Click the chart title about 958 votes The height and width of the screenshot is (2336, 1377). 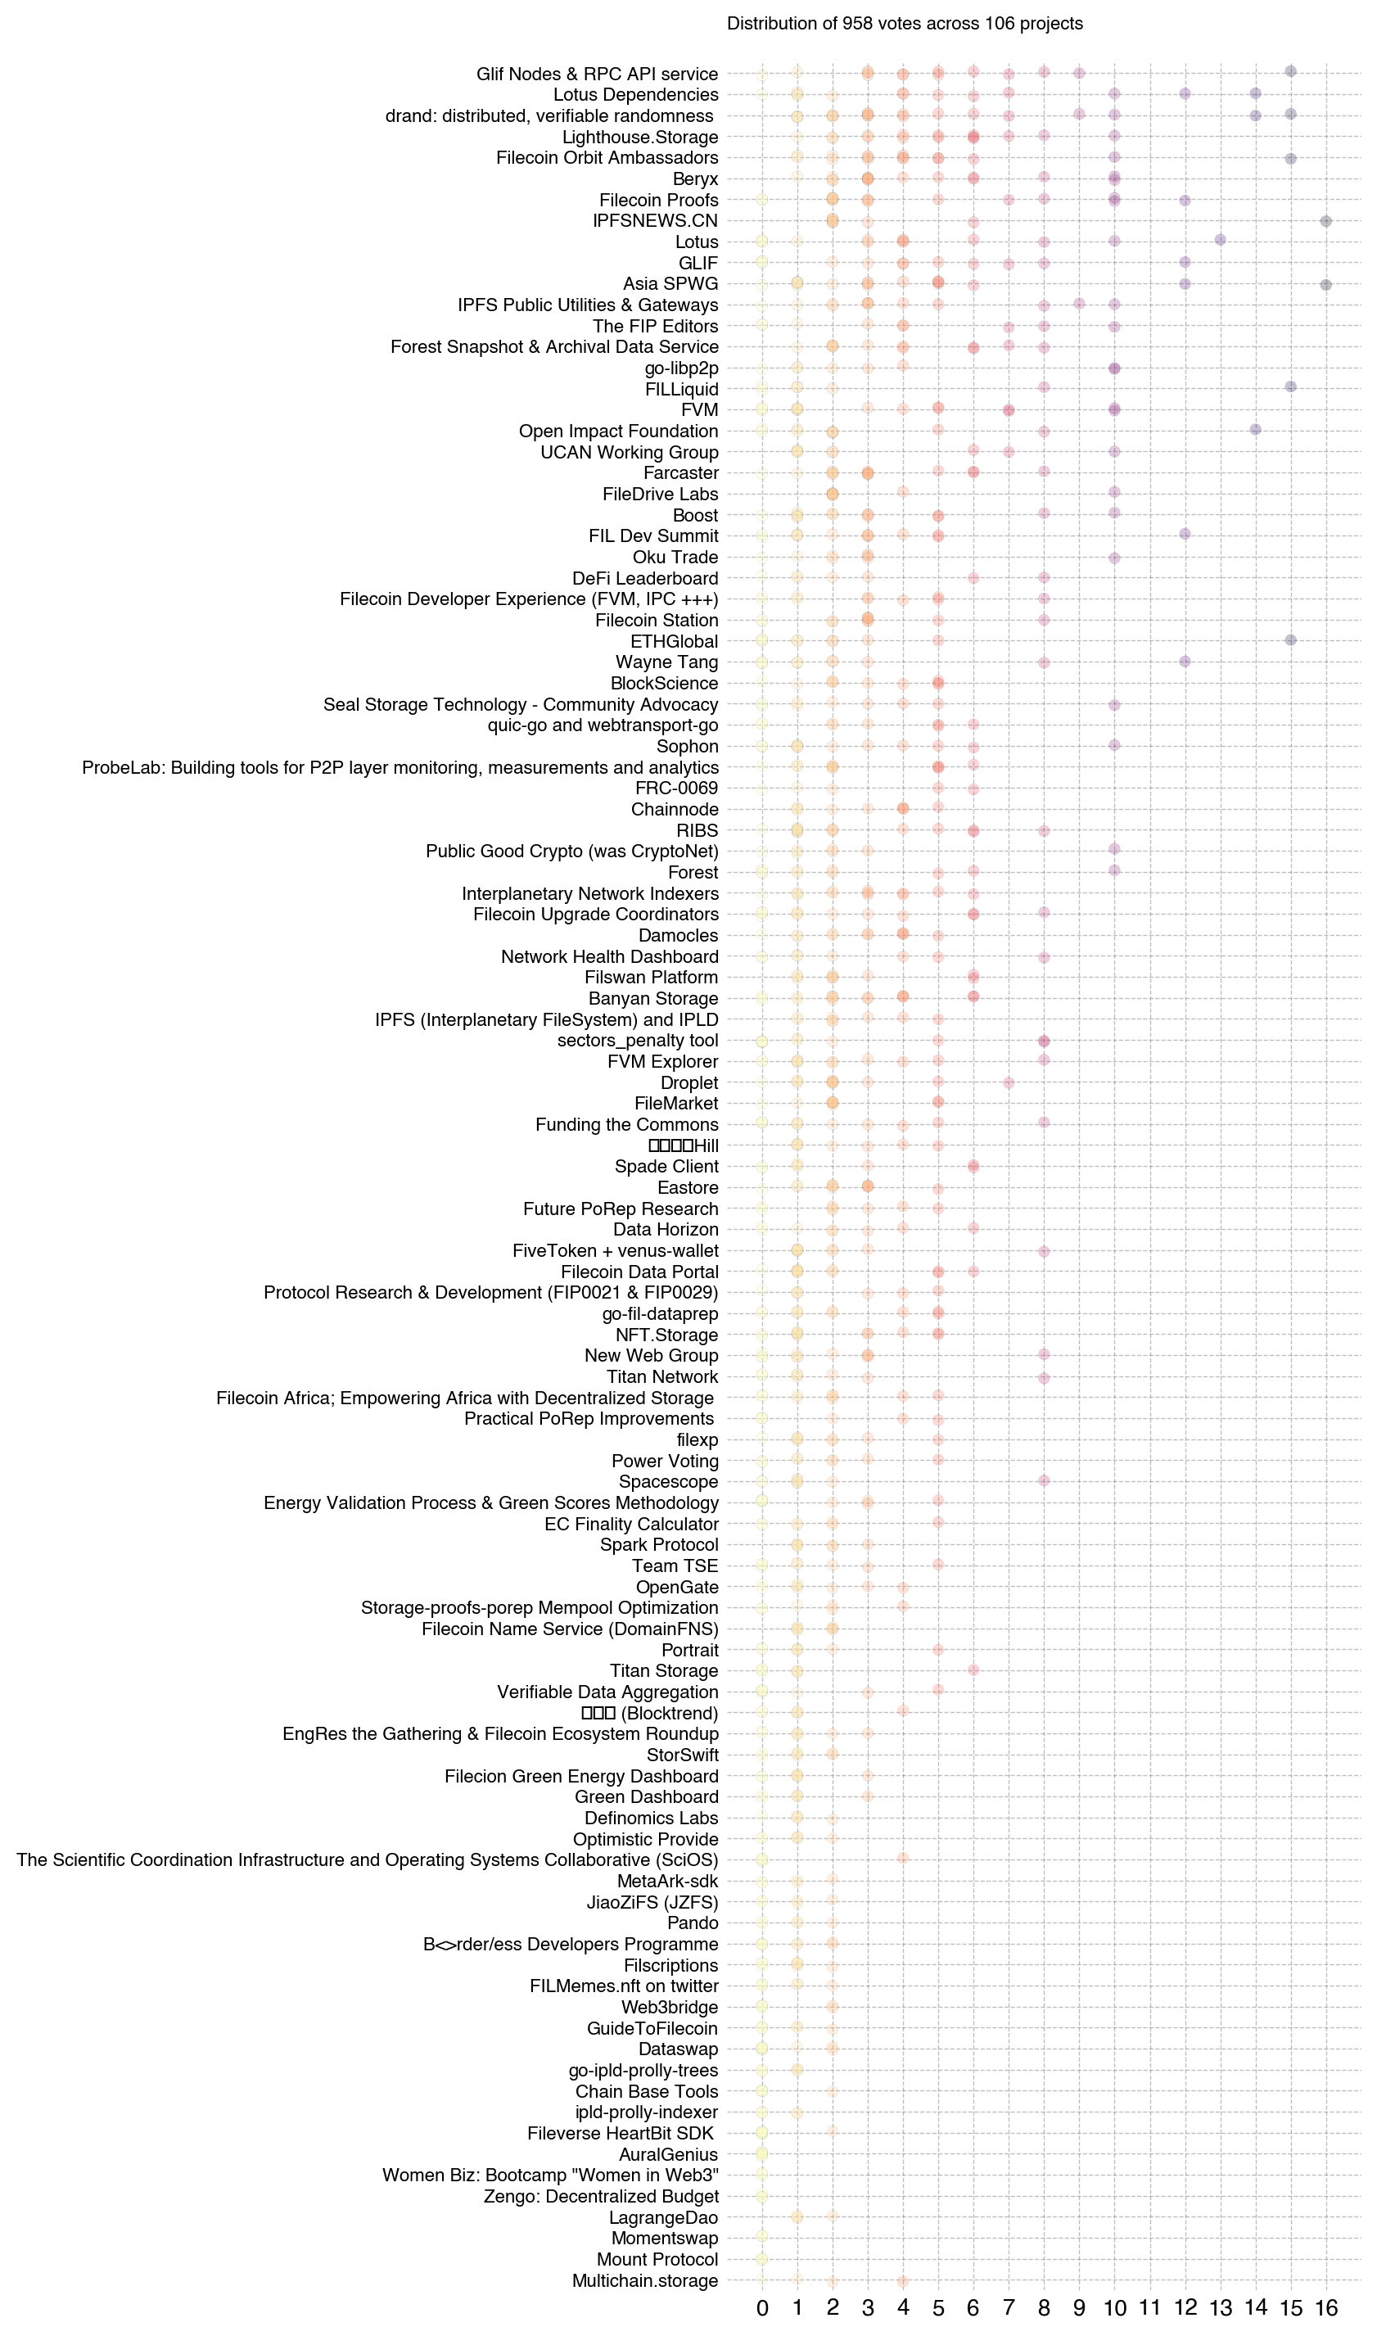pos(905,24)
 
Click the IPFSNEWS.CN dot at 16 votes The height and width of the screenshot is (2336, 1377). pos(1326,221)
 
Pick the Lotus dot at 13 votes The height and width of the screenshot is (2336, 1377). pos(1220,240)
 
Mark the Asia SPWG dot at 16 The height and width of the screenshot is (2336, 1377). pos(1326,285)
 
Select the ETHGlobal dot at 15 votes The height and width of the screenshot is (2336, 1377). pos(1291,640)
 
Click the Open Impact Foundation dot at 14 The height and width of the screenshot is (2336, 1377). pos(1256,430)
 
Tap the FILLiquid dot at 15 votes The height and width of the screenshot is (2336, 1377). pos(1291,386)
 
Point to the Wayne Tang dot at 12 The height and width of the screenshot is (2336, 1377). pos(1185,662)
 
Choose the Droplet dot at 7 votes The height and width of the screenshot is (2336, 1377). pos(1009,1082)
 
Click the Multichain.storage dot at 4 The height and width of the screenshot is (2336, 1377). pos(903,2281)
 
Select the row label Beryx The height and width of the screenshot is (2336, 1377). pos(695,179)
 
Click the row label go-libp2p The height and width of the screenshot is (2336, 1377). pos(681,368)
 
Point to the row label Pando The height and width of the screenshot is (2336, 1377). pos(693,1923)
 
